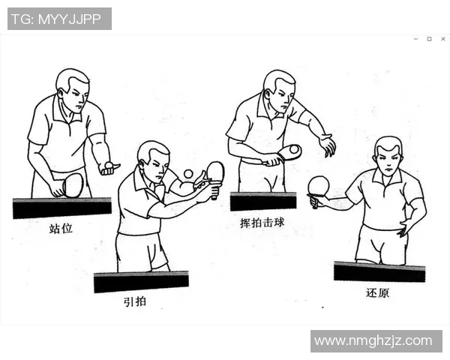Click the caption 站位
click(x=61, y=229)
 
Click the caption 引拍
click(x=136, y=302)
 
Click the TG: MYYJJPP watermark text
click(x=59, y=19)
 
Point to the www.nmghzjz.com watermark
click(x=373, y=341)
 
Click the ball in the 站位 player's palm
click(x=109, y=164)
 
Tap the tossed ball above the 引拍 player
click(x=188, y=174)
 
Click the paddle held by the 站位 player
click(x=73, y=184)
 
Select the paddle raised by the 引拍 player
click(x=215, y=172)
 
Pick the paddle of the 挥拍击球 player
click(x=289, y=152)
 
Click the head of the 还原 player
click(x=388, y=154)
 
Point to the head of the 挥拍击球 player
click(x=279, y=87)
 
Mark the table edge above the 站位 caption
click(x=61, y=208)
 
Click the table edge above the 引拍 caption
click(x=141, y=282)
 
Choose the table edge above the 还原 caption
click(x=379, y=271)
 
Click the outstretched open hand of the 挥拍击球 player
click(x=326, y=144)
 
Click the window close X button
click(x=441, y=39)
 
